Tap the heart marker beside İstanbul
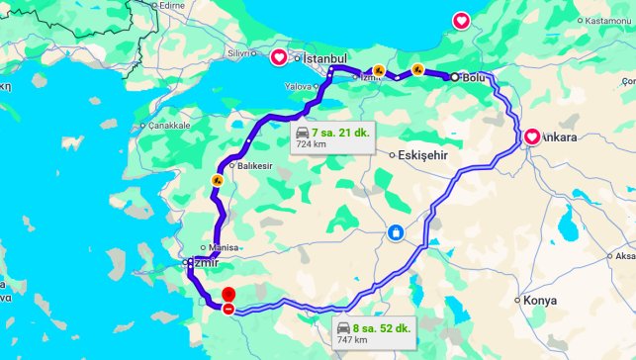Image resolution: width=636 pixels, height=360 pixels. tap(279, 56)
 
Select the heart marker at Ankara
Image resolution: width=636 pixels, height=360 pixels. tap(532, 136)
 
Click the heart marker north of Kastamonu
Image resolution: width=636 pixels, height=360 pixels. tap(461, 20)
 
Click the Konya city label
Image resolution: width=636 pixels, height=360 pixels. tap(540, 300)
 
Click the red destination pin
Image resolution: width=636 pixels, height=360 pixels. tap(228, 295)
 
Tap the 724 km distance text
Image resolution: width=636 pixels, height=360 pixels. tap(310, 143)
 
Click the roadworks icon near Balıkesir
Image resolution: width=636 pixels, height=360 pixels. tap(216, 180)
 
